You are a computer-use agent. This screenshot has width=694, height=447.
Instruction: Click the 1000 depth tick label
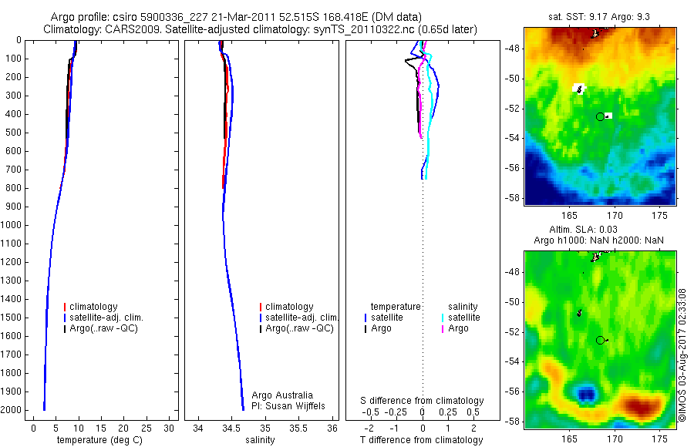point(12,225)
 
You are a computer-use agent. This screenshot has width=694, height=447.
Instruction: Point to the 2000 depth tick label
point(12,411)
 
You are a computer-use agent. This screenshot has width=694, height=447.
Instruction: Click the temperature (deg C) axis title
point(96,440)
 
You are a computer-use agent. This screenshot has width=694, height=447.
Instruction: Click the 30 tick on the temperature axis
point(169,428)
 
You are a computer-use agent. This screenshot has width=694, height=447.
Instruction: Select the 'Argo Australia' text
point(282,395)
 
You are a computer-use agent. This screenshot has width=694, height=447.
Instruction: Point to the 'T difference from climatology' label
point(422,440)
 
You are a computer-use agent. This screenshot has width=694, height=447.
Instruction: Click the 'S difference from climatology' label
point(422,401)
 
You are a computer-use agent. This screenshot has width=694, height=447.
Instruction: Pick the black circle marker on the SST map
point(600,116)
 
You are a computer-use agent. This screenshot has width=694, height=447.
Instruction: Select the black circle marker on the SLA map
point(600,340)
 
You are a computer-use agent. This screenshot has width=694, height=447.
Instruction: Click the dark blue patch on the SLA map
point(588,395)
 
